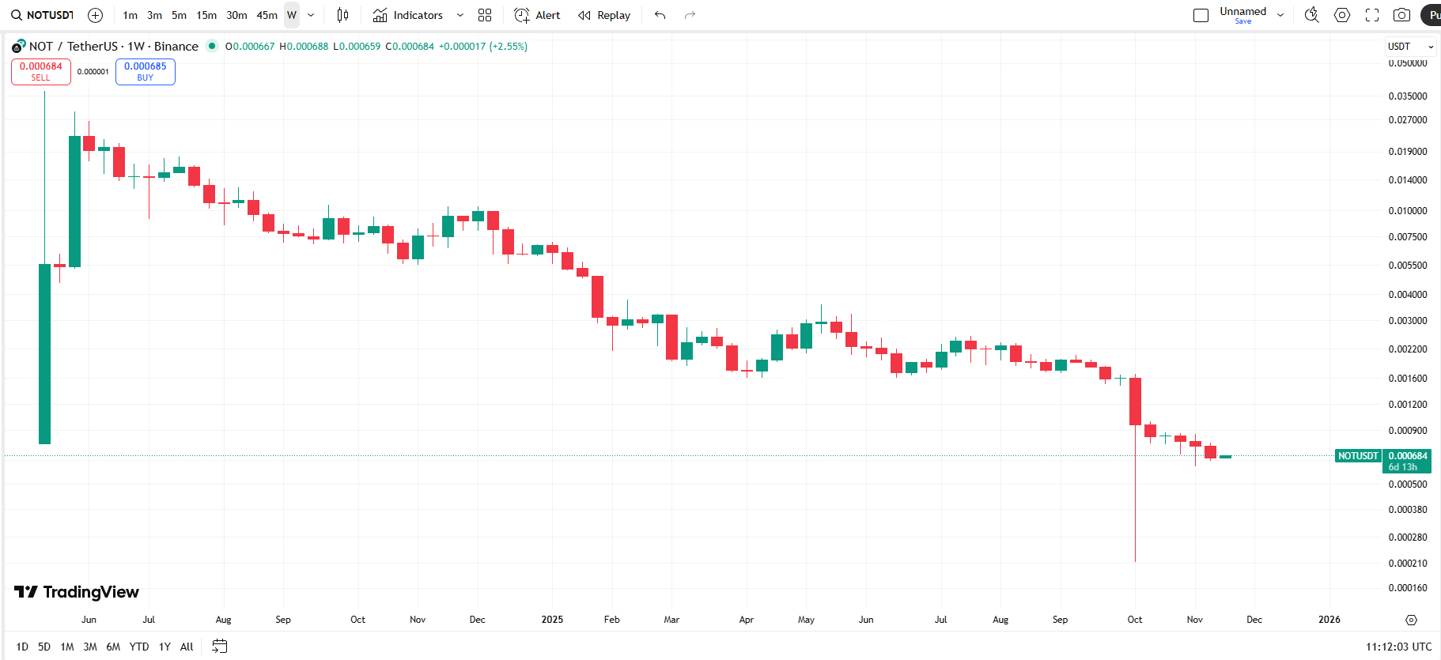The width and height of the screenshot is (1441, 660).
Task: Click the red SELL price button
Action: point(40,71)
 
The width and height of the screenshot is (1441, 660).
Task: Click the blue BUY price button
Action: point(145,71)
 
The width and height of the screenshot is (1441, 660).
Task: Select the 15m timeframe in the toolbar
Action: point(206,15)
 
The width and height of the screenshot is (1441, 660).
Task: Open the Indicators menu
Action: point(408,15)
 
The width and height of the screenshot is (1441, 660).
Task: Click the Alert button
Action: point(537,15)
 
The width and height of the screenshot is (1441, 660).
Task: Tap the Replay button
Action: point(604,15)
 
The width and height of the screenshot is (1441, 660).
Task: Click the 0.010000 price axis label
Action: point(1407,211)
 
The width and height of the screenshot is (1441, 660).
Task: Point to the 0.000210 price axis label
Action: point(1407,564)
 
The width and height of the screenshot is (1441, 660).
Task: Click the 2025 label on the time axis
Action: point(552,620)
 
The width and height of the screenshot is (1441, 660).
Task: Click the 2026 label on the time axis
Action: point(1329,620)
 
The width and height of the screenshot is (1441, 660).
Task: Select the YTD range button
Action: point(139,647)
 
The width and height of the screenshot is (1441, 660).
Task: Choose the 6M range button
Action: point(113,647)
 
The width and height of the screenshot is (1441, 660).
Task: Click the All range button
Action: point(187,647)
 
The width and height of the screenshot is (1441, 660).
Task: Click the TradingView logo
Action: point(77,592)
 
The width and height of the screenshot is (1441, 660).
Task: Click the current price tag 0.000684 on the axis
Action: point(1407,456)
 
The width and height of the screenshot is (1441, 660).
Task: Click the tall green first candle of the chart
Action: point(45,353)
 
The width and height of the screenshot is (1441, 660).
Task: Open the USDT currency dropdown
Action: point(1409,47)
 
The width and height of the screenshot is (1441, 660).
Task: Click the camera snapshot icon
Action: point(1401,15)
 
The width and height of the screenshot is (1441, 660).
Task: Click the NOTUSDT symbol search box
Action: point(43,15)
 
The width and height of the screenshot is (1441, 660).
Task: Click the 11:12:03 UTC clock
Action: point(1398,647)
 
